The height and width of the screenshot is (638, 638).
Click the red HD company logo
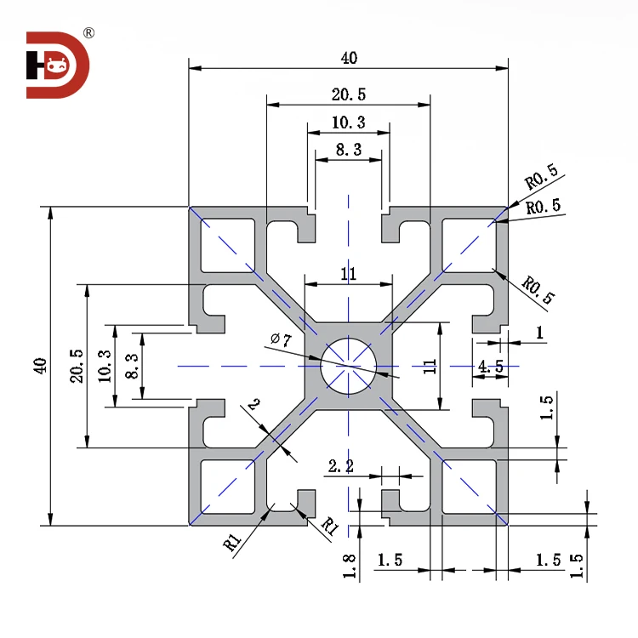click(57, 65)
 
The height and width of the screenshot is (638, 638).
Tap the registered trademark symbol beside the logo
click(89, 33)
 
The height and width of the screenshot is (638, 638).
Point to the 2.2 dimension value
click(341, 465)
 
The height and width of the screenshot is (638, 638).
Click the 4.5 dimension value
click(491, 367)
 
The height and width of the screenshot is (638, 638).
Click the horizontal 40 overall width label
click(349, 58)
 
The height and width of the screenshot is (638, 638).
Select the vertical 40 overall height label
click(39, 366)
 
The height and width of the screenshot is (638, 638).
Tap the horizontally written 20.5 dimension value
click(349, 94)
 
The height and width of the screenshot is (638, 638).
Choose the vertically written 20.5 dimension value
click(77, 366)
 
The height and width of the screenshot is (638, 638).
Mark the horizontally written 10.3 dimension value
click(349, 122)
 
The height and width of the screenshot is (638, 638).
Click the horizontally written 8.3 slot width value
click(349, 150)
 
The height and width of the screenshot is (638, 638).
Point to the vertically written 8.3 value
click(131, 366)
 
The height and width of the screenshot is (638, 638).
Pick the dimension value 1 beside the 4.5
click(540, 333)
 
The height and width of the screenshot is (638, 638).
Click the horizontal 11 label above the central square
click(348, 274)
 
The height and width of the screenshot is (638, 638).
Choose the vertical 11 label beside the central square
click(430, 366)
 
